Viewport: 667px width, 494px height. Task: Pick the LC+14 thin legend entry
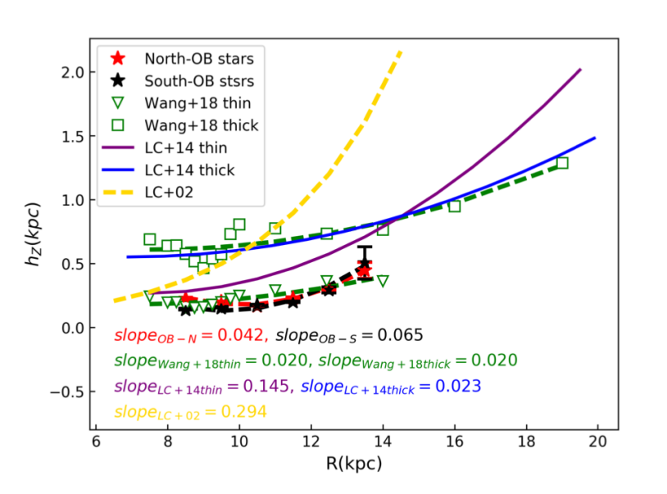pyautogui.click(x=186, y=148)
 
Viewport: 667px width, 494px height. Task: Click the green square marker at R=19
pyautogui.click(x=562, y=163)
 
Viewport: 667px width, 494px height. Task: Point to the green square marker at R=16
pyautogui.click(x=455, y=206)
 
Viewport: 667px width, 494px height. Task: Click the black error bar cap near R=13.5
pyautogui.click(x=365, y=247)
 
